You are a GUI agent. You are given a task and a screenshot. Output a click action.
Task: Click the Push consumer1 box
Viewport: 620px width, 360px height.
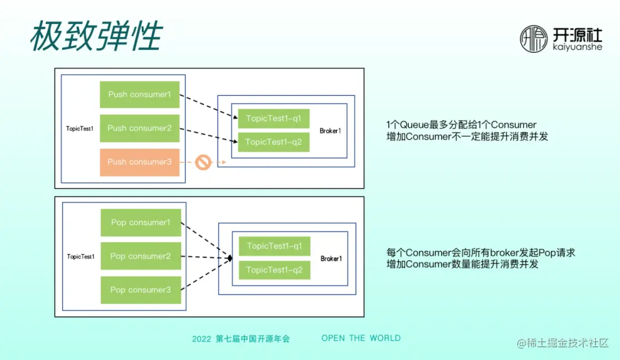(139, 95)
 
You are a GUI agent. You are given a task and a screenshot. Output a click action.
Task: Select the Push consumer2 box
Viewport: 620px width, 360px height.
(139, 129)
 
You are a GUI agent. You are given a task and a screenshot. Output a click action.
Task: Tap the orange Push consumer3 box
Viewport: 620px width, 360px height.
(139, 162)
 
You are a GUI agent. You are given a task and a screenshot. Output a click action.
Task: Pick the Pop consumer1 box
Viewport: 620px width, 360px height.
(141, 223)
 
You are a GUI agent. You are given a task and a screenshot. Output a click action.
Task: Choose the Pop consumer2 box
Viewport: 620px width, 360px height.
(141, 257)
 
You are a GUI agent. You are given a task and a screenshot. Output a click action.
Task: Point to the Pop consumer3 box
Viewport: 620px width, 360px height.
(141, 291)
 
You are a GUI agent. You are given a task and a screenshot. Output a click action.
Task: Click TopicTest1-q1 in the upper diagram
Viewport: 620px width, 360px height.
(273, 119)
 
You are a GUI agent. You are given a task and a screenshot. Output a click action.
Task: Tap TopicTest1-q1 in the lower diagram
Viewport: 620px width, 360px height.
(274, 246)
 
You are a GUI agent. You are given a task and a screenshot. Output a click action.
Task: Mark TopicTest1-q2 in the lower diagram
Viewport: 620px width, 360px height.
(274, 270)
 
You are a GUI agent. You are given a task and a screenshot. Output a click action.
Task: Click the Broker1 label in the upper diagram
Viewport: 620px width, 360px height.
(330, 131)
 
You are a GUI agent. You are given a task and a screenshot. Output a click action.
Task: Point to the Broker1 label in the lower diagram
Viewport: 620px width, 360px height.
(331, 259)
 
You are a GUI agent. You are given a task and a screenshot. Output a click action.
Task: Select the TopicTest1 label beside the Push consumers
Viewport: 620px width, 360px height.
(80, 129)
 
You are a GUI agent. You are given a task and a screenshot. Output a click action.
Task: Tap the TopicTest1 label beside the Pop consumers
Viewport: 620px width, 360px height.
(80, 257)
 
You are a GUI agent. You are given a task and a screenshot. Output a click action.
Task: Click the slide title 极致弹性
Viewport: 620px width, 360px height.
(96, 37)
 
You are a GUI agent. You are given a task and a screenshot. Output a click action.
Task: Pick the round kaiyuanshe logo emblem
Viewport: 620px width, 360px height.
(534, 39)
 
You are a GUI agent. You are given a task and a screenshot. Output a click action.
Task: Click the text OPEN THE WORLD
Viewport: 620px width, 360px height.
(361, 338)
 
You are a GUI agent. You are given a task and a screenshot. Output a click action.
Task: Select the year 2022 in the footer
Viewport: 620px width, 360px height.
(201, 339)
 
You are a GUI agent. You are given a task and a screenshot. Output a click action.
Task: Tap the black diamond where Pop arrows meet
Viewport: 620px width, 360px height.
(230, 259)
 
